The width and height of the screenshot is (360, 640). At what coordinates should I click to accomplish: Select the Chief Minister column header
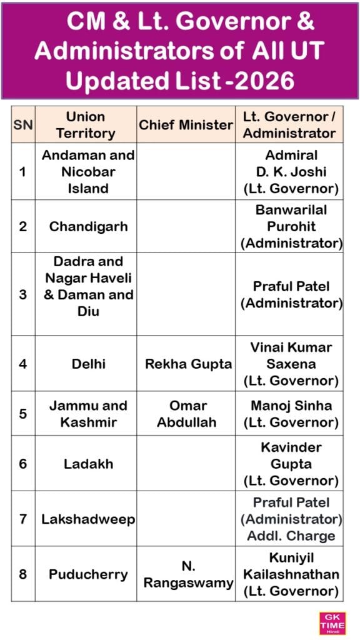pyautogui.click(x=186, y=124)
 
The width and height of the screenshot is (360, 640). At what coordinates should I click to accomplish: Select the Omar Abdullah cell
pyautogui.click(x=186, y=413)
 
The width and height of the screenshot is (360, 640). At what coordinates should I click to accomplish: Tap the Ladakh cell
pyautogui.click(x=87, y=463)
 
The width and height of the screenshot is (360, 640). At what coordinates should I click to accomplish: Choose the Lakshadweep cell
pyautogui.click(x=87, y=519)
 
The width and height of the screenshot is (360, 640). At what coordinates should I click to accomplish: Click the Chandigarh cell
pyautogui.click(x=87, y=226)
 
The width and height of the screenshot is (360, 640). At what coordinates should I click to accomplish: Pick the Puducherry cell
pyautogui.click(x=87, y=574)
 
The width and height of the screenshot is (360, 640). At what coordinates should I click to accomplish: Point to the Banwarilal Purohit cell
pyautogui.click(x=292, y=226)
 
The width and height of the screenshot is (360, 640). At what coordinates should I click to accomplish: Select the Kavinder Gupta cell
pyautogui.click(x=292, y=464)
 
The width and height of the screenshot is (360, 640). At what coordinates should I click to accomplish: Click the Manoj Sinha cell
pyautogui.click(x=292, y=413)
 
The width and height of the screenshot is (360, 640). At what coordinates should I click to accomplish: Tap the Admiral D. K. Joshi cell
pyautogui.click(x=292, y=171)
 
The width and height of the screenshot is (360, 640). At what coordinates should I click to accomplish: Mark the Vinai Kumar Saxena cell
pyautogui.click(x=292, y=363)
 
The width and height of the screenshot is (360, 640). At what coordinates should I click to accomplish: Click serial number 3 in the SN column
pyautogui.click(x=22, y=294)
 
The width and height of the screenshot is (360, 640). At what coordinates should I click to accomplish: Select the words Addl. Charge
pyautogui.click(x=291, y=536)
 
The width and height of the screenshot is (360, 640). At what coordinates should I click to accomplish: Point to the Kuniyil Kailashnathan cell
pyautogui.click(x=292, y=574)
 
